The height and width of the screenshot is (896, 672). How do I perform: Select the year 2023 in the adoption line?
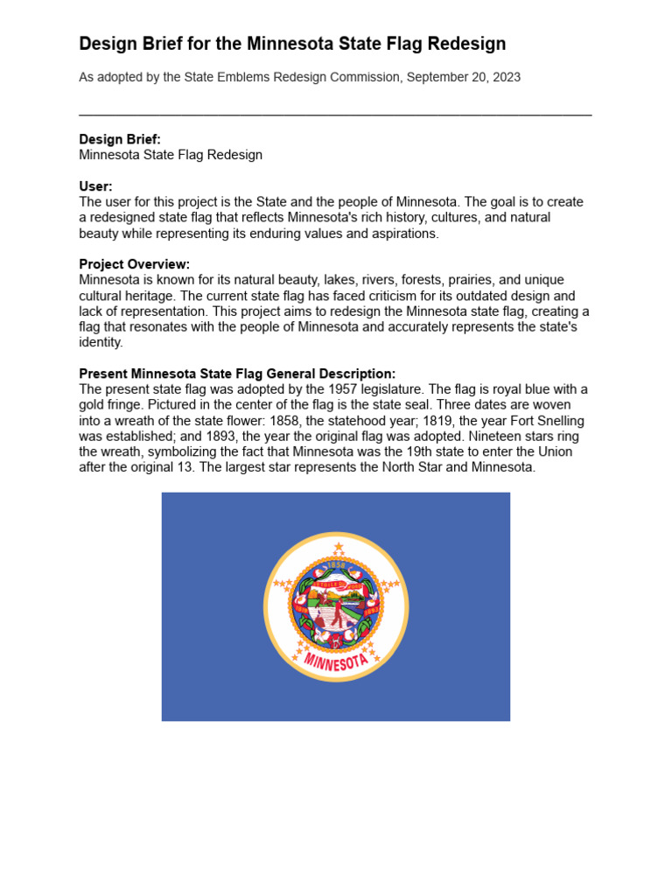(506, 77)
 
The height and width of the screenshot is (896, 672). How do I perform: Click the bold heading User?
(95, 186)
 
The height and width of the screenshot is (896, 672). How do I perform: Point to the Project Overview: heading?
(134, 264)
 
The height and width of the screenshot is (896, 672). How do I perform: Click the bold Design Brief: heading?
(119, 139)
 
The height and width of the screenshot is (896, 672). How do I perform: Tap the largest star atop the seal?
(339, 548)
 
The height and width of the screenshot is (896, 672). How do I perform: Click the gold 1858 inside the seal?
(337, 565)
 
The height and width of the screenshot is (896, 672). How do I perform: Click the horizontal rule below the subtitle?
(335, 115)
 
